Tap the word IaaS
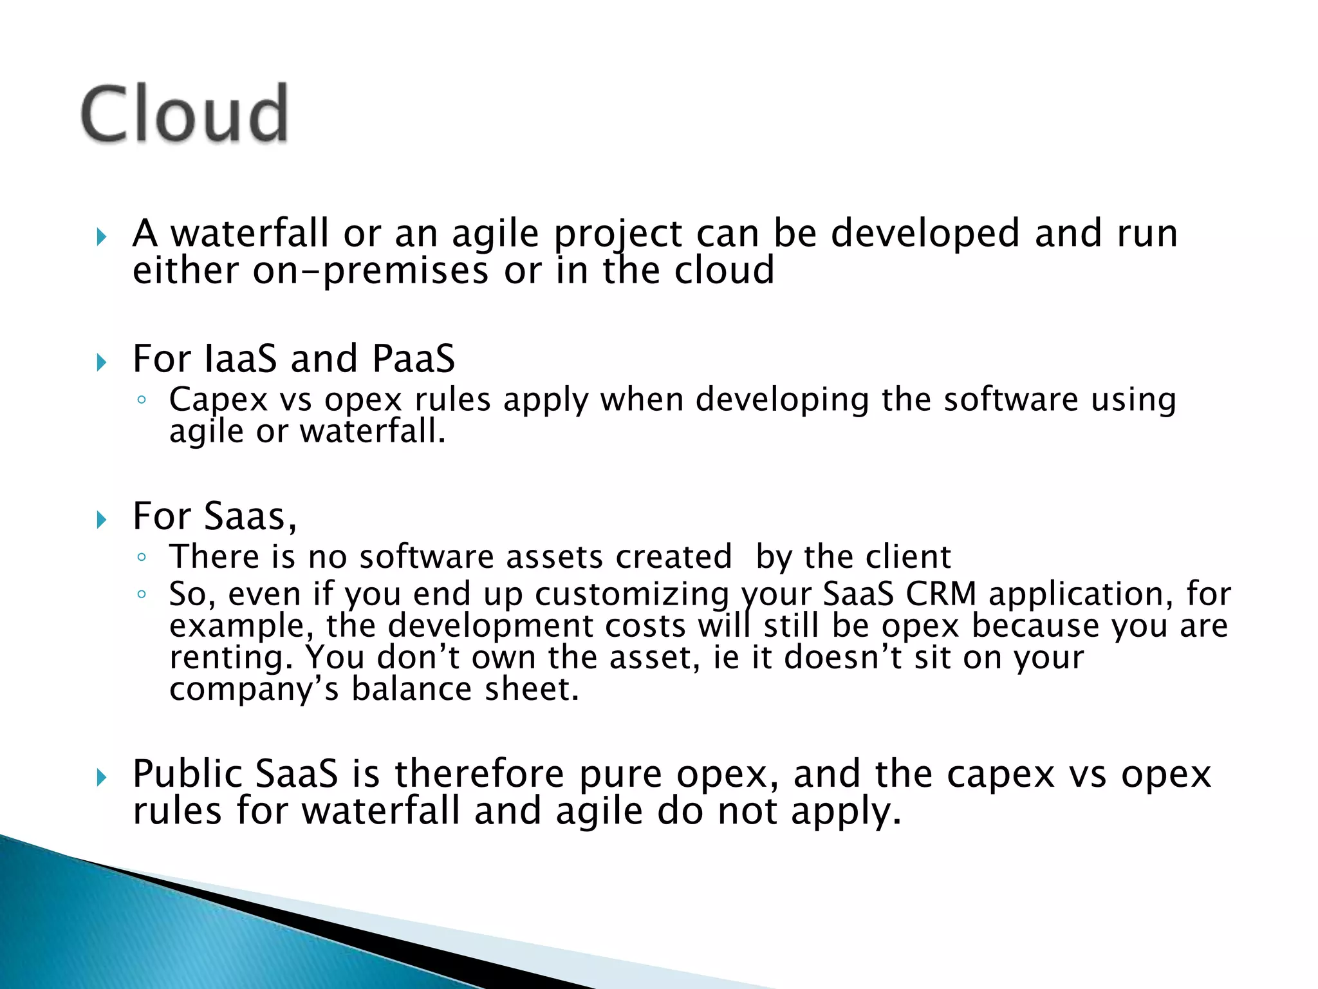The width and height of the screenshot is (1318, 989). [x=240, y=359]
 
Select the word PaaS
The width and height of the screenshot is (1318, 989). [x=414, y=359]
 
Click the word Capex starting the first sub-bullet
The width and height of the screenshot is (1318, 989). [x=218, y=399]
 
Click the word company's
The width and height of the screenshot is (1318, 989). [x=254, y=689]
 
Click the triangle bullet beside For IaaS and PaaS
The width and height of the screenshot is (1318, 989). [x=101, y=362]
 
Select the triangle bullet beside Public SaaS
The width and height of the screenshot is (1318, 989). [x=101, y=778]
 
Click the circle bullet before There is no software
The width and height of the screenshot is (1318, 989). [x=142, y=557]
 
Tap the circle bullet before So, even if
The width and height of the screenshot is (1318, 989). [x=142, y=594]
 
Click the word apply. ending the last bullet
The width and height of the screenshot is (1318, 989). [x=846, y=811]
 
